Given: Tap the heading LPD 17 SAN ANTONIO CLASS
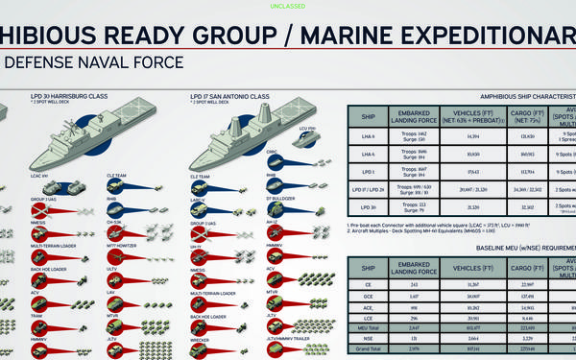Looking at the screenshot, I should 231,96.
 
